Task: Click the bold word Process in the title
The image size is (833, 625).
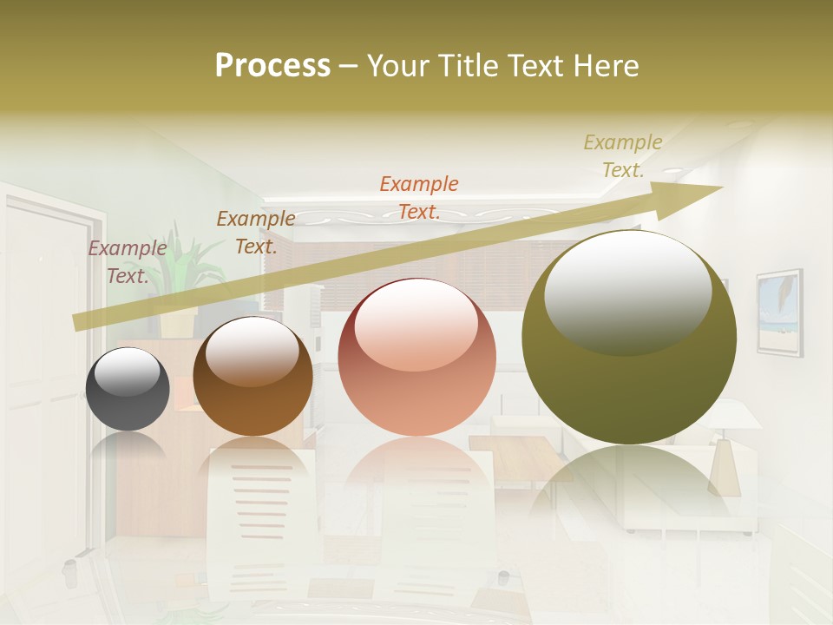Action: [272, 65]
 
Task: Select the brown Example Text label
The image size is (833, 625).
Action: [255, 233]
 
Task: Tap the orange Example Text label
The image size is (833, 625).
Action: [419, 197]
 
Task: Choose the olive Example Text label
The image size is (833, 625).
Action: [622, 156]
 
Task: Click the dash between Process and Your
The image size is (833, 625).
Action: [348, 66]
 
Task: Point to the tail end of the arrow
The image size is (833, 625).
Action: [78, 322]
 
